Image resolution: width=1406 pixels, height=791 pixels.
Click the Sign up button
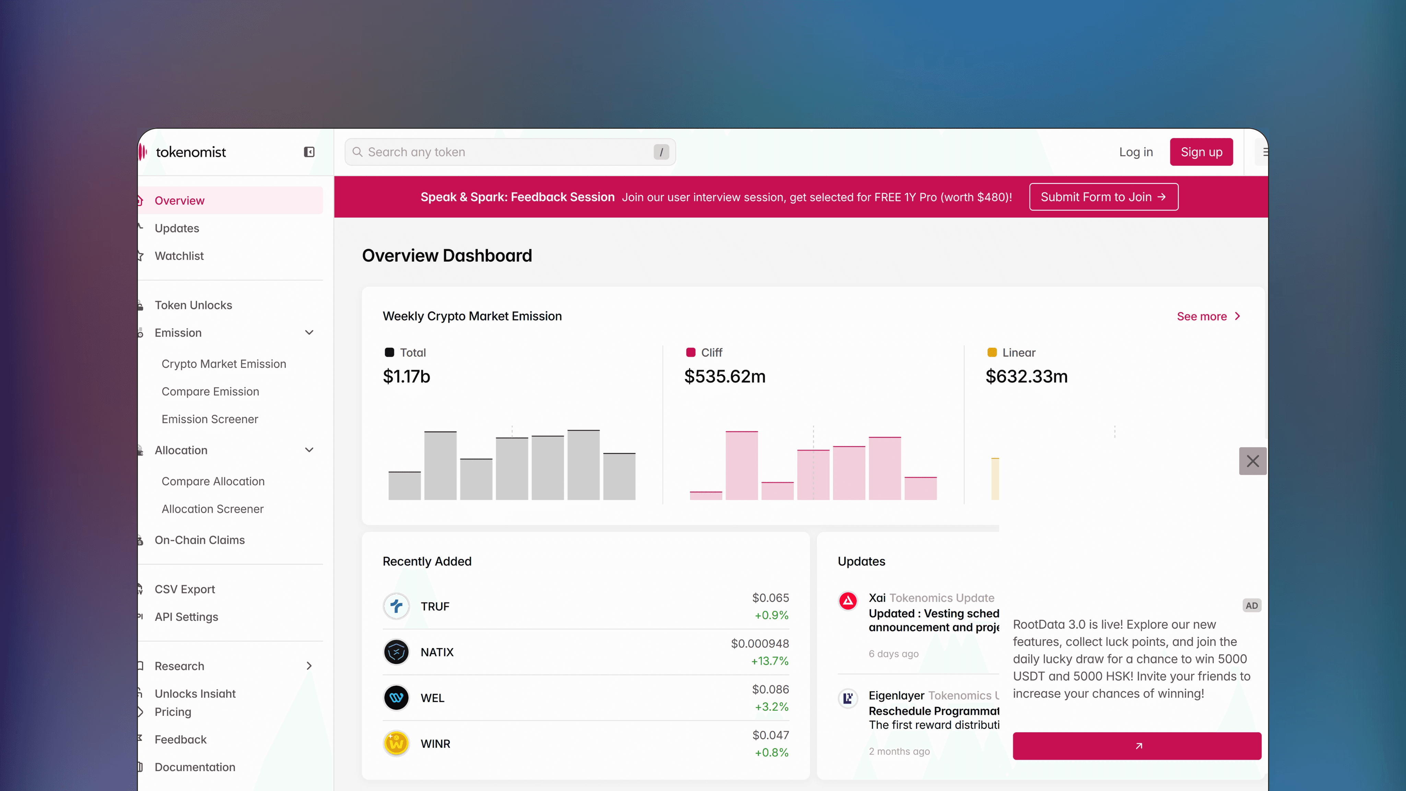click(1201, 152)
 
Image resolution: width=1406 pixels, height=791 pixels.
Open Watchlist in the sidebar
click(179, 256)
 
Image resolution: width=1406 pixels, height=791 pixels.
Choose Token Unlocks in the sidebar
click(193, 305)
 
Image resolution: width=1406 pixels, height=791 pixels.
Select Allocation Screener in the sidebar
click(212, 508)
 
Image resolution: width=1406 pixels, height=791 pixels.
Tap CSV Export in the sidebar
click(185, 589)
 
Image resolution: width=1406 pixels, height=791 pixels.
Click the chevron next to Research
click(309, 665)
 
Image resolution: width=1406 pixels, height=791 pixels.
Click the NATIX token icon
click(396, 652)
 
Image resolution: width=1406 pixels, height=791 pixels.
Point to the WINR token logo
click(396, 744)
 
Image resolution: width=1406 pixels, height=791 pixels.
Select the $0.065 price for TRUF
click(770, 598)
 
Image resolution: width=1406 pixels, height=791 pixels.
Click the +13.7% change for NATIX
click(770, 661)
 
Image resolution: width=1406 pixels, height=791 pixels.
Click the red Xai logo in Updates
click(848, 601)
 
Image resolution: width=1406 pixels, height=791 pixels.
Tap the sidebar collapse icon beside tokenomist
click(309, 152)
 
